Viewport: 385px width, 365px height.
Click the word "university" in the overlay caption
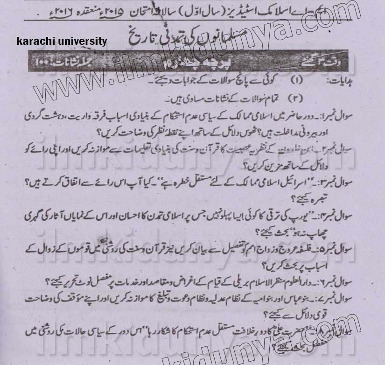(x=80, y=41)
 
